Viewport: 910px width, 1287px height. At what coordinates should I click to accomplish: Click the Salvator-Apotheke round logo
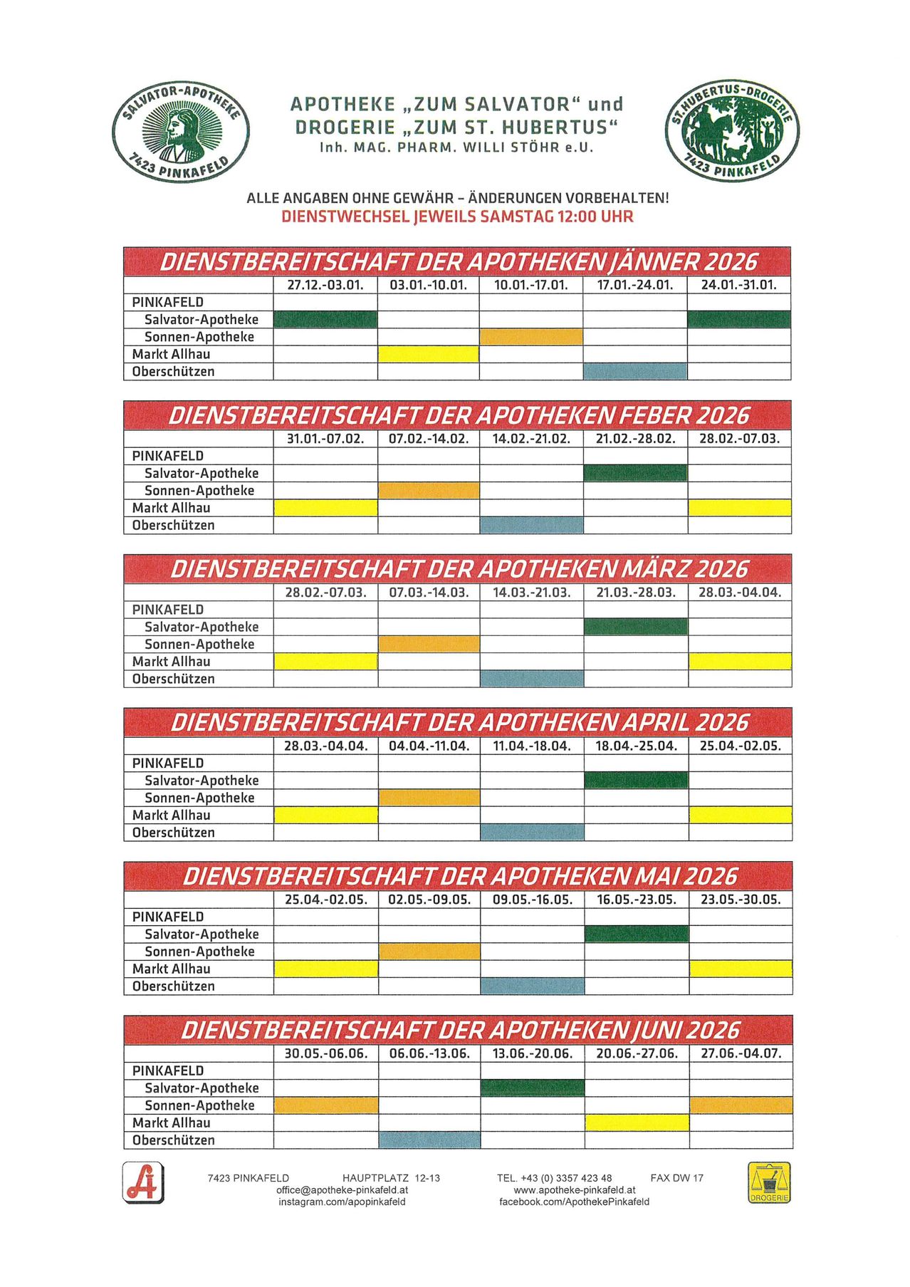(x=180, y=131)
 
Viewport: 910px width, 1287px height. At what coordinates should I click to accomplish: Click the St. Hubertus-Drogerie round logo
(x=732, y=131)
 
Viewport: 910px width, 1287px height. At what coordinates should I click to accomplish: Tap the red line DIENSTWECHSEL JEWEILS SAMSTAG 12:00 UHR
(x=457, y=217)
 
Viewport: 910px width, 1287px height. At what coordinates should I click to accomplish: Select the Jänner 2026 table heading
(x=457, y=262)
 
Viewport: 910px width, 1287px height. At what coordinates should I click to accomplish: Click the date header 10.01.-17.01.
(x=530, y=286)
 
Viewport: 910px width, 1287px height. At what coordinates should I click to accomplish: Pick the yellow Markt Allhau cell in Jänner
(x=428, y=354)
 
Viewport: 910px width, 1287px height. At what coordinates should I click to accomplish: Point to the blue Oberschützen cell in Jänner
(x=634, y=371)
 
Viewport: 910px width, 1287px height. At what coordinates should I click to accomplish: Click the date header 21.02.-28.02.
(x=635, y=439)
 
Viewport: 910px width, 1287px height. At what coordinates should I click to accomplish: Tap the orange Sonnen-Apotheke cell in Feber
(x=428, y=490)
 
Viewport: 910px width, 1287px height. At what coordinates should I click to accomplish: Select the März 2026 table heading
(x=457, y=569)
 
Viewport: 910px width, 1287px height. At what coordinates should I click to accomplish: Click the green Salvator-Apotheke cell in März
(x=636, y=627)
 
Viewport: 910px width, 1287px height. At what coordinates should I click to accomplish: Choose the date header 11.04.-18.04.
(x=532, y=746)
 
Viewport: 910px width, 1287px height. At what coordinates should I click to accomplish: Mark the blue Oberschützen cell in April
(x=532, y=832)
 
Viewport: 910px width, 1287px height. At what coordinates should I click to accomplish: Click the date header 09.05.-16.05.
(x=533, y=900)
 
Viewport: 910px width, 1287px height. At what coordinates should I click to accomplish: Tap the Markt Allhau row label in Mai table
(x=172, y=969)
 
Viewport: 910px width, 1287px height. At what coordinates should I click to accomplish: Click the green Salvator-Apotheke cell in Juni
(x=533, y=1088)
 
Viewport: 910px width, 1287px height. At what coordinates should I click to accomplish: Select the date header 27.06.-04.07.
(x=741, y=1053)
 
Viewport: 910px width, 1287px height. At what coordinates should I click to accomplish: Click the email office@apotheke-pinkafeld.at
(x=342, y=1190)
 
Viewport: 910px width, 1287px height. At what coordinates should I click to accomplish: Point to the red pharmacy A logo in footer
(x=143, y=1183)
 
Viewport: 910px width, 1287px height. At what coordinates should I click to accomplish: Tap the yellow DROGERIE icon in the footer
(x=769, y=1183)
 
